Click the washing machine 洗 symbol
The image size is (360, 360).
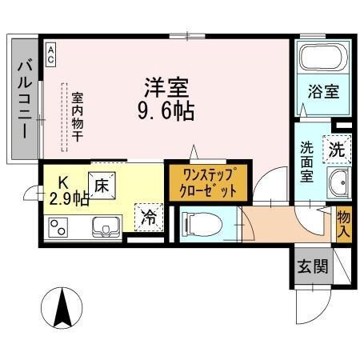pyautogui.click(x=337, y=148)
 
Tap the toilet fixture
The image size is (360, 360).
pyautogui.click(x=197, y=224)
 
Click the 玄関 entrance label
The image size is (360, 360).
pyautogui.click(x=312, y=266)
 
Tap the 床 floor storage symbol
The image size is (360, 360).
pyautogui.click(x=102, y=184)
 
